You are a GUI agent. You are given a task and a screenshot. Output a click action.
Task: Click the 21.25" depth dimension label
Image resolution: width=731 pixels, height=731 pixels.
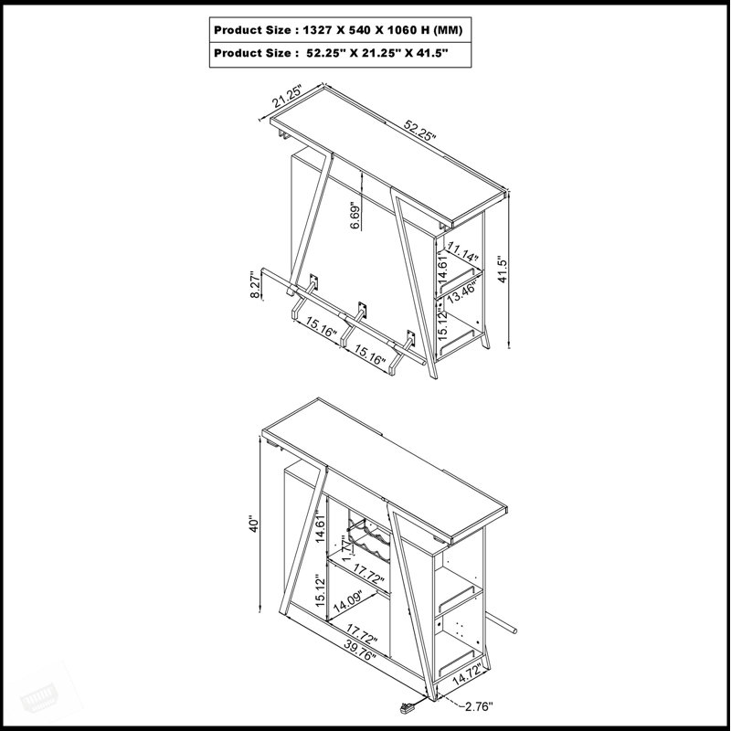click(x=288, y=96)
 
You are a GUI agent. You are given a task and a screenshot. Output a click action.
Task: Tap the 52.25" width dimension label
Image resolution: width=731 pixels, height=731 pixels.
click(x=419, y=130)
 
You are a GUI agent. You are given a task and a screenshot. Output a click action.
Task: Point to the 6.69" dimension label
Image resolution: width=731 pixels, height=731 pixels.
click(x=355, y=216)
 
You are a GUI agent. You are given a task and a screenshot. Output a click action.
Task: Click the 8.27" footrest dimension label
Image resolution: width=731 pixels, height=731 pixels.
click(x=255, y=285)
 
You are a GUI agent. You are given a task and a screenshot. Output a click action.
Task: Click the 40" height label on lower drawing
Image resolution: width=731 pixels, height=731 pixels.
click(x=253, y=524)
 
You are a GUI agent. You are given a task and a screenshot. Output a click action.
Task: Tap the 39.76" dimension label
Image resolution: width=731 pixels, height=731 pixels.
click(x=360, y=650)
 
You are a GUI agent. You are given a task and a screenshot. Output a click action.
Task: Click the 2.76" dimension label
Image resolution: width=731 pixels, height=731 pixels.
click(x=478, y=706)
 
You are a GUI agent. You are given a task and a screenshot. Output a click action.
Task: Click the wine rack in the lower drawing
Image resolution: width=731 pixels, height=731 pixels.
click(x=369, y=536)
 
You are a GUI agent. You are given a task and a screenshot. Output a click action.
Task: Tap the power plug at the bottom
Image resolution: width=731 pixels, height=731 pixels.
click(x=407, y=709)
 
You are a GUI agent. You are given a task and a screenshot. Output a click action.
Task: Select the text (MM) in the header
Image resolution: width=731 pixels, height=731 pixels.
click(x=448, y=30)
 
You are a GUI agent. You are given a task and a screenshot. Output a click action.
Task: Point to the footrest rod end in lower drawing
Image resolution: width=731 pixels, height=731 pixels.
click(x=514, y=630)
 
